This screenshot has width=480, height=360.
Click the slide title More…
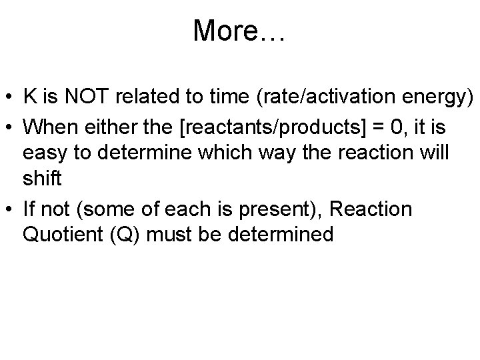tap(239, 31)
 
